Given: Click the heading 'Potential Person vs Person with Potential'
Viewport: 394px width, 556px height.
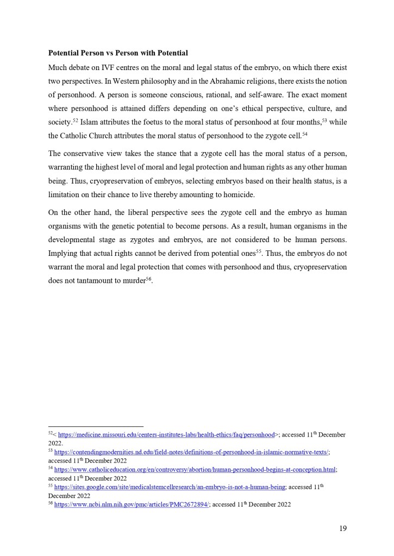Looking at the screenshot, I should pyautogui.click(x=118, y=53).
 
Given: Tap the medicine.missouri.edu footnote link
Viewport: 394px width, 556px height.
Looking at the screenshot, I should pyautogui.click(x=166, y=435).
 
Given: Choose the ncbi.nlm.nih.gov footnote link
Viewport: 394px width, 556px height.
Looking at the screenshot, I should pyautogui.click(x=132, y=504).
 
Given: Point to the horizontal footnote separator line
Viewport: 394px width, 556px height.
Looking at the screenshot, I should pyautogui.click(x=96, y=426).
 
